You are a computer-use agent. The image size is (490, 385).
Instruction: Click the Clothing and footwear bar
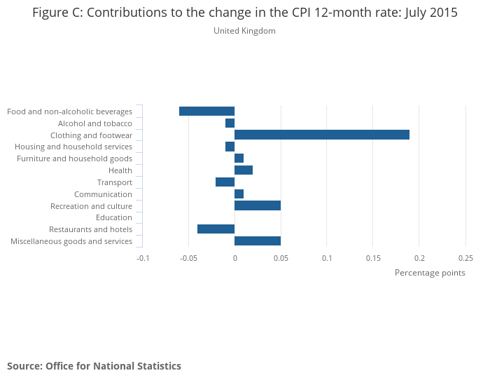(322, 135)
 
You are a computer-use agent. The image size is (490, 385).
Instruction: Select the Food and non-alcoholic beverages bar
(206, 112)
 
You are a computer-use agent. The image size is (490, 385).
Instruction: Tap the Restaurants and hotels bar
(216, 229)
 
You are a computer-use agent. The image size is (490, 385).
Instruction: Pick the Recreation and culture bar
(258, 205)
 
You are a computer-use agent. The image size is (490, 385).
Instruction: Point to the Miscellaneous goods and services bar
(258, 241)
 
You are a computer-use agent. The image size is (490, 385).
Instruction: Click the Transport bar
(225, 182)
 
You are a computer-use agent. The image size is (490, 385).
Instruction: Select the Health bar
(244, 170)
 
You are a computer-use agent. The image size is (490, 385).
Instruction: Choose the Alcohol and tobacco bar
(230, 123)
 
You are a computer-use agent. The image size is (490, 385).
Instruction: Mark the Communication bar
(239, 194)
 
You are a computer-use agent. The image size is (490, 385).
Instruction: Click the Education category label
(114, 217)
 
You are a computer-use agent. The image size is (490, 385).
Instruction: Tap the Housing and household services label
(73, 147)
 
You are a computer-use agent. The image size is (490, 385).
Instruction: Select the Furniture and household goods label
(75, 158)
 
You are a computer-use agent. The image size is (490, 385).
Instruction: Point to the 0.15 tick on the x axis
(373, 257)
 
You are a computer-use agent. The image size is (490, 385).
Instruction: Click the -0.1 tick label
(143, 257)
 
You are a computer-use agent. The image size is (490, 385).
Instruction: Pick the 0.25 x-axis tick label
(465, 257)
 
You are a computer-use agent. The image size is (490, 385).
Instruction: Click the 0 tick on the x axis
(234, 257)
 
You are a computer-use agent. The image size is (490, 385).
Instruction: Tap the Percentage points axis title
(430, 273)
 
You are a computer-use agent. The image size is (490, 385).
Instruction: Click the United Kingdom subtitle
(244, 31)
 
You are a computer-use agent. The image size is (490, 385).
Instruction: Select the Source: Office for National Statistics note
(94, 366)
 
